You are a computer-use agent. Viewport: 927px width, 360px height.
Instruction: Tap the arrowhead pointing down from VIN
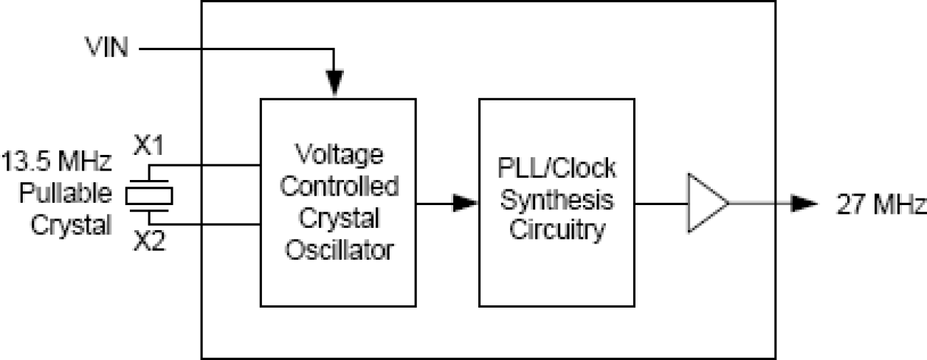coord(334,82)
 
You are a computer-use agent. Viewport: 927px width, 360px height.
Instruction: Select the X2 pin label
coord(149,240)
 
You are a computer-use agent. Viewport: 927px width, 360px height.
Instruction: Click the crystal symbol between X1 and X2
coord(149,195)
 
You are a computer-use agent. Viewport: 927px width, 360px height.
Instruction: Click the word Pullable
coord(66,193)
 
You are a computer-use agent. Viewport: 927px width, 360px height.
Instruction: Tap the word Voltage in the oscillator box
coord(340,156)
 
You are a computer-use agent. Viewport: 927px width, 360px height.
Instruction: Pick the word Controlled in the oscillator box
coord(340,187)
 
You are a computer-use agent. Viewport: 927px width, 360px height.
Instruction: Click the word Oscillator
coord(340,250)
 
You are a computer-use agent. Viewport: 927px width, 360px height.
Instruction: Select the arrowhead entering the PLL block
coord(466,202)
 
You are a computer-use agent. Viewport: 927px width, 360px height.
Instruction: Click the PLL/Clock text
coord(556,169)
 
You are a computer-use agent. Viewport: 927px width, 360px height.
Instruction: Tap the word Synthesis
coord(556,200)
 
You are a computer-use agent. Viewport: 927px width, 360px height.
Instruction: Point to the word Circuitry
coord(556,231)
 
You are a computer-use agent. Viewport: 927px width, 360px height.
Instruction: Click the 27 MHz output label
coord(879,204)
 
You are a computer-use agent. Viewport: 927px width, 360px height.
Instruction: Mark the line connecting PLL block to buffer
coord(660,203)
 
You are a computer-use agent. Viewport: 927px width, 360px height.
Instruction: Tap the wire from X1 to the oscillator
coord(214,165)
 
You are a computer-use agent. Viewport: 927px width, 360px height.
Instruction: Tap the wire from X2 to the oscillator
coord(214,224)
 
